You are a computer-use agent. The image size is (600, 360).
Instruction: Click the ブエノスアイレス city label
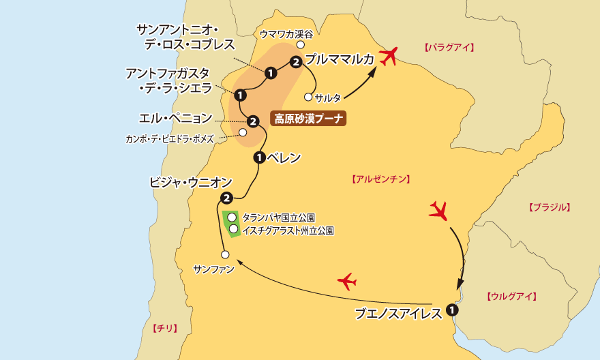[x=399, y=314]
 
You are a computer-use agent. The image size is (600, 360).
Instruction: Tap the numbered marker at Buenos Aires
[x=452, y=310]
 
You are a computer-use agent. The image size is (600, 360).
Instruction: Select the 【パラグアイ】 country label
[x=448, y=48]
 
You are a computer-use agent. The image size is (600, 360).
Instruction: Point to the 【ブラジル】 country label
[x=549, y=207]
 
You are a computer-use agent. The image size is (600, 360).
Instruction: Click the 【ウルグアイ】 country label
[x=512, y=296]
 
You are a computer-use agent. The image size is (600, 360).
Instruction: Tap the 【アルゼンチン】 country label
[x=380, y=179]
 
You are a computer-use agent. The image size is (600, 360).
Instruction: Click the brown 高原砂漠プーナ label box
[x=309, y=119]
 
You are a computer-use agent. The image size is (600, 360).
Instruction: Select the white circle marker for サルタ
[x=308, y=97]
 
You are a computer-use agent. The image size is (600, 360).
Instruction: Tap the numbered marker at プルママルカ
[x=295, y=63]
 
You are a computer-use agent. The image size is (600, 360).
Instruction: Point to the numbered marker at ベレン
[x=259, y=158]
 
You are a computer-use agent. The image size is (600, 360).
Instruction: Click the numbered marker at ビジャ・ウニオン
[x=226, y=198]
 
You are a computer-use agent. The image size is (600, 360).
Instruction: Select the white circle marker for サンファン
[x=225, y=255]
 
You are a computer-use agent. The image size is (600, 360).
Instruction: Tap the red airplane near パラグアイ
[x=389, y=57]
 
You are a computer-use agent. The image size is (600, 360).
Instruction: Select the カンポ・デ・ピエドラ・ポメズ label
[x=170, y=138]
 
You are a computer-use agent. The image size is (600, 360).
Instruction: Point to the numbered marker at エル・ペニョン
[x=252, y=121]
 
